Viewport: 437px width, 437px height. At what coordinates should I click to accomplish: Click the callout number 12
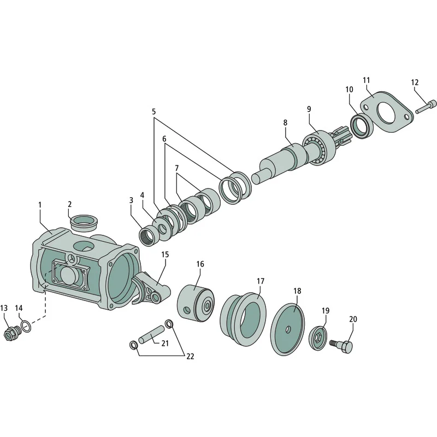click(x=415, y=82)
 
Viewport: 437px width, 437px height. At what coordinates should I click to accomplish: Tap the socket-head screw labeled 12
click(x=426, y=107)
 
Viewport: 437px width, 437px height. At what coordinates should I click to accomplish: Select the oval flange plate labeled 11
click(x=387, y=111)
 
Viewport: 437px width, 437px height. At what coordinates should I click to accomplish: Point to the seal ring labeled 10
click(x=362, y=126)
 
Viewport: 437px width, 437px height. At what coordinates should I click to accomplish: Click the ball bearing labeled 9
click(x=318, y=147)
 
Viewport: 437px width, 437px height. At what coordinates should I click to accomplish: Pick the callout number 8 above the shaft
click(x=285, y=122)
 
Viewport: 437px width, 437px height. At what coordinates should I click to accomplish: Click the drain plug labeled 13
click(x=12, y=333)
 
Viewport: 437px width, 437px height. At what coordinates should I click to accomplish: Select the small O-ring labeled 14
click(x=26, y=326)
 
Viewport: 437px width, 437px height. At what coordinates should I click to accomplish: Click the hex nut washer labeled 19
click(x=318, y=336)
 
